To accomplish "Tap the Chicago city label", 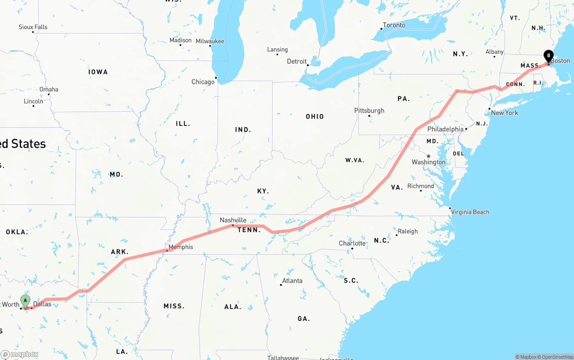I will pyautogui.click(x=203, y=82).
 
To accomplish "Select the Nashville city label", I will pyautogui.click(x=233, y=220).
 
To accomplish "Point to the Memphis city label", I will pyautogui.click(x=181, y=247).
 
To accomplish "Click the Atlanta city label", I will pyautogui.click(x=292, y=281).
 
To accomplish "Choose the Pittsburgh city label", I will pyautogui.click(x=369, y=111).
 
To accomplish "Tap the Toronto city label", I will pyautogui.click(x=394, y=25).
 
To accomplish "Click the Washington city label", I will pyautogui.click(x=429, y=162).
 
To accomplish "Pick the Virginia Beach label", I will pyautogui.click(x=470, y=212).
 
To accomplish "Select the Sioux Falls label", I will pyautogui.click(x=33, y=27).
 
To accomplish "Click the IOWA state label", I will pyautogui.click(x=98, y=72).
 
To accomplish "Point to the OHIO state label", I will pyautogui.click(x=315, y=117).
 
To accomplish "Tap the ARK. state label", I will pyautogui.click(x=120, y=252).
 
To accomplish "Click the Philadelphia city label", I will pyautogui.click(x=445, y=129).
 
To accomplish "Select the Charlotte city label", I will pyautogui.click(x=352, y=243).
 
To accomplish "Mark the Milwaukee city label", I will pyautogui.click(x=210, y=41).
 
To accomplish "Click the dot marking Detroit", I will pyautogui.click(x=308, y=65).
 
